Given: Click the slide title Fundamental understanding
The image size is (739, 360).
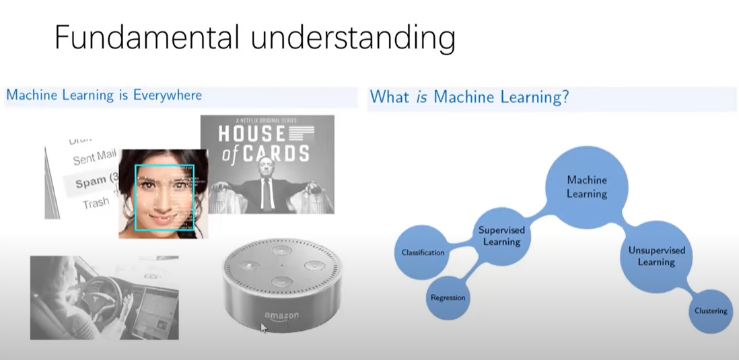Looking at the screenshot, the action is pos(254,38).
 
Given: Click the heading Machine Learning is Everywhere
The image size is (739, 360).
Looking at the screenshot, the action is pos(104,95).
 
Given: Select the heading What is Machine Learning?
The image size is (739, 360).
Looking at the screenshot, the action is pos(469,97).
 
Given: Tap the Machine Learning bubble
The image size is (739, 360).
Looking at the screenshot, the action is pos(586,186).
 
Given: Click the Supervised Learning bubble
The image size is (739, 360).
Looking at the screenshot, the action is pos(501,236).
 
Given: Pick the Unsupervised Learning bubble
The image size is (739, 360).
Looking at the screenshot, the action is pos(656,256).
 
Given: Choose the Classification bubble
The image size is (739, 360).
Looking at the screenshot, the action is pos(423,252).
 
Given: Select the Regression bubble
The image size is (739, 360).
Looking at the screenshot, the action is pos(448,297).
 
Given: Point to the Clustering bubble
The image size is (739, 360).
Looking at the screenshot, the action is pos(711,311).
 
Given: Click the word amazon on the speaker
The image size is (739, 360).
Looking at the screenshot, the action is pos(281,316).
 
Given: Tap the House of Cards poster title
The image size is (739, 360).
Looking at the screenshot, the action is pos(266,144).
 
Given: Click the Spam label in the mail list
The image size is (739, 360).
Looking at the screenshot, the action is pos(92,182).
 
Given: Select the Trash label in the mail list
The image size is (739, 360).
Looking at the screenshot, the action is pos(96,203).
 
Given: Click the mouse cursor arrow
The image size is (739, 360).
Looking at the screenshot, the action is pos(264,328).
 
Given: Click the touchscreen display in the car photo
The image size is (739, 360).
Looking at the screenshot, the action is pos(155,310).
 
